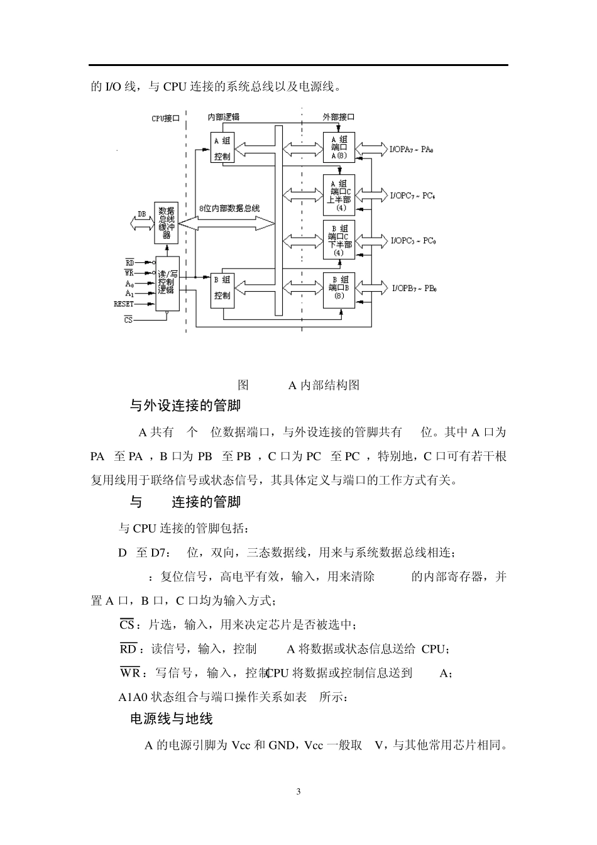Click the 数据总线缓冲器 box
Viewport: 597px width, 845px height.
pos(167,223)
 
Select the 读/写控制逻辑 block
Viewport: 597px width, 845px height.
pos(167,284)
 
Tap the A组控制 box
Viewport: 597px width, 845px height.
pos(222,148)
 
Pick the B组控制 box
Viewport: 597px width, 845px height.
pos(222,288)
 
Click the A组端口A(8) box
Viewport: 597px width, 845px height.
pos(339,148)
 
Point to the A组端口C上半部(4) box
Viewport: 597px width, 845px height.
pos(339,195)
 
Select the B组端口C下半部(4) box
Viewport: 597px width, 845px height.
pos(339,240)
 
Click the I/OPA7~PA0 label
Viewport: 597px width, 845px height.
pos(412,150)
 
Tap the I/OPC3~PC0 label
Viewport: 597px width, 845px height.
pos(413,241)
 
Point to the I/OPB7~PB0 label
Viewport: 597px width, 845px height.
pos(414,289)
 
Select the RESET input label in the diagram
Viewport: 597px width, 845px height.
pos(124,304)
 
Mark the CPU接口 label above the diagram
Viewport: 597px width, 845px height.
pos(166,118)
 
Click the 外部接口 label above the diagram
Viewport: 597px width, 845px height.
pos(339,117)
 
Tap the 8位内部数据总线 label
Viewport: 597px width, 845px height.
pos(227,208)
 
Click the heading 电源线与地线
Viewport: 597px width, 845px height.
pos(171,719)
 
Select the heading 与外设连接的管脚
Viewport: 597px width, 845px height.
pos(185,406)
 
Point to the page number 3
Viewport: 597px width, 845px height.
pos(298,792)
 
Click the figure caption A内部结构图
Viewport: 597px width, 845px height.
pos(324,385)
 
